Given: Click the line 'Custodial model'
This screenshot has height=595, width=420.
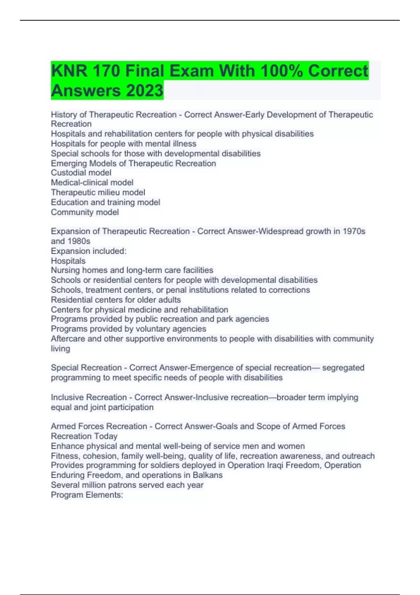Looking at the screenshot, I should (x=81, y=173).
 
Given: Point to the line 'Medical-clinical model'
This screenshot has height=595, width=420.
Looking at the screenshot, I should (x=92, y=182).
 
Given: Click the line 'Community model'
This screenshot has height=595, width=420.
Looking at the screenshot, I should (x=85, y=212).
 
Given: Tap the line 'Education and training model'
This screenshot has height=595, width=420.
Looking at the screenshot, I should (x=105, y=202).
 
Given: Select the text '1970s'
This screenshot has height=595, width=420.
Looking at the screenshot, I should (x=354, y=231).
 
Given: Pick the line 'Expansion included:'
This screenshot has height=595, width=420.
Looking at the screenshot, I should (x=89, y=251).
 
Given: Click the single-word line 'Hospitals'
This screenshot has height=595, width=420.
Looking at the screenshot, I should (x=68, y=261).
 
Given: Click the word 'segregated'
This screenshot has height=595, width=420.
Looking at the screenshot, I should (x=343, y=367).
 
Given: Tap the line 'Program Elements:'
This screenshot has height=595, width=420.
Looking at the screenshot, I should (x=87, y=495).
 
